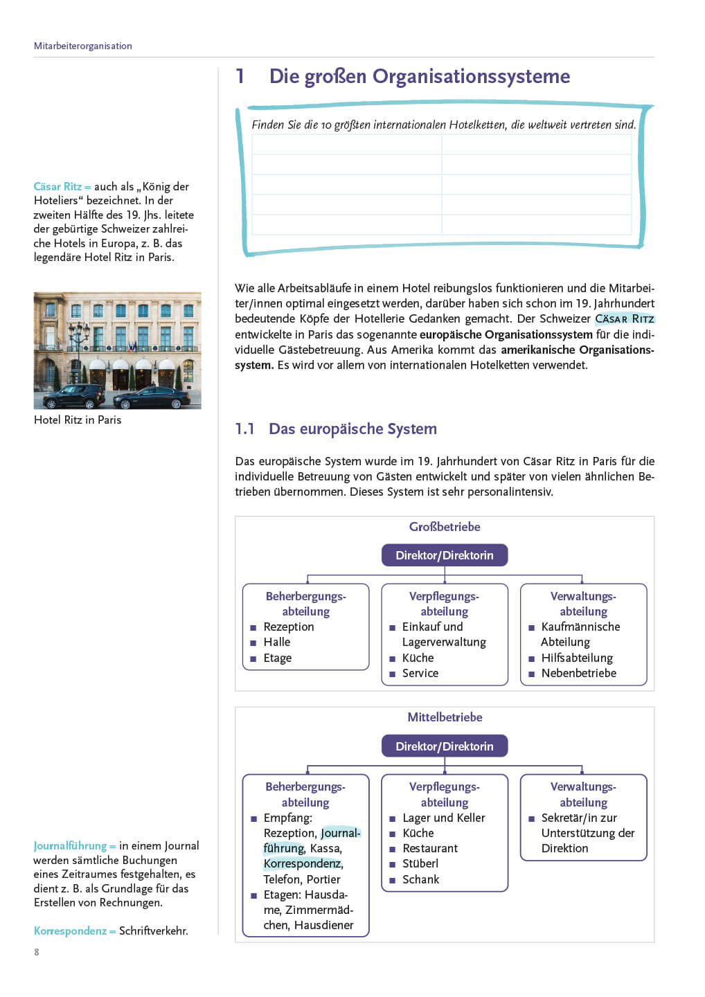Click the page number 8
pos(37,952)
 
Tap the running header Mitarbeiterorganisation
pos(82,46)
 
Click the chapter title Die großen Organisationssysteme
pos(419,76)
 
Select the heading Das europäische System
pos(352,429)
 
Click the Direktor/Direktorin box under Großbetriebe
pos(444,555)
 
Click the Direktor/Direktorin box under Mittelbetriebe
pos(444,746)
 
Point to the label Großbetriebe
pos(445,527)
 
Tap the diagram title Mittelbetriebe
pos(445,717)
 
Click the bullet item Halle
pos(276,643)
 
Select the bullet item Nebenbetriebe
pos(578,673)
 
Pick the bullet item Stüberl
pos(420,864)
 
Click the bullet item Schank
pos(420,879)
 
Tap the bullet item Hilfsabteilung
pos(577,658)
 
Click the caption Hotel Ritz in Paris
pos(78,420)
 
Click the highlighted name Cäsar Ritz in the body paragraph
pos(625,319)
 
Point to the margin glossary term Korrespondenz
pos(70,931)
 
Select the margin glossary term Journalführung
pos(70,846)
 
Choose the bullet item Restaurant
pos(430,849)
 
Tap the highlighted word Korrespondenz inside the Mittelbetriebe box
pos(302,864)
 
